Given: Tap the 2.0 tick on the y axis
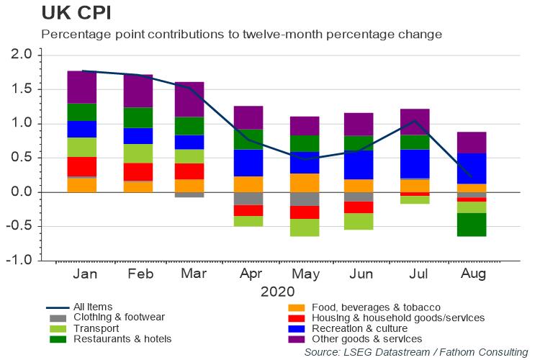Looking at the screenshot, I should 22,55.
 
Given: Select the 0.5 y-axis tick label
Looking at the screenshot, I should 22,158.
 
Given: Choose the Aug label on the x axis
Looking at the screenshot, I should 473,275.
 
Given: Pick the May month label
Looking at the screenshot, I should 305,275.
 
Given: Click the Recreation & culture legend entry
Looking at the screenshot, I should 364,328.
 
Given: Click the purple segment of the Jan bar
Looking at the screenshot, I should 81,86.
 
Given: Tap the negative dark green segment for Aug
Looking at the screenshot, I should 472,225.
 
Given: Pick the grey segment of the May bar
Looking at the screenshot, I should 305,199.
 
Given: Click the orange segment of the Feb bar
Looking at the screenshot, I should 137,186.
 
